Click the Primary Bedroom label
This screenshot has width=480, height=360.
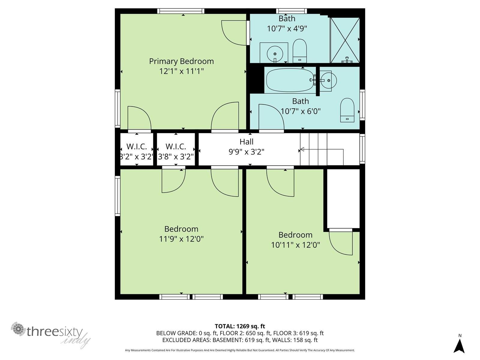point(181,61)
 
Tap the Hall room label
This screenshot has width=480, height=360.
point(247,142)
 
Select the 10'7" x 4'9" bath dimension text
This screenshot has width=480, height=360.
point(287,28)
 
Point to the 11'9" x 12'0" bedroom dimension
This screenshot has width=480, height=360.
point(181,239)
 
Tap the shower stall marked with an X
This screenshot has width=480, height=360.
point(345,40)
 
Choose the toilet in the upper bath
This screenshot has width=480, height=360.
point(299,51)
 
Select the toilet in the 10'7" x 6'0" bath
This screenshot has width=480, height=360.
point(347,110)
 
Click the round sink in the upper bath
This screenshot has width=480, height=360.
point(275,54)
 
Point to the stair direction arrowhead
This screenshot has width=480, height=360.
point(302,149)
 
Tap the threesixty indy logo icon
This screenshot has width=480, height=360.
point(18,329)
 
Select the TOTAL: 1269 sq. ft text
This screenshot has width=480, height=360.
point(240,326)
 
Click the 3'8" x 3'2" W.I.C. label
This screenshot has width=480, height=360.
point(176,151)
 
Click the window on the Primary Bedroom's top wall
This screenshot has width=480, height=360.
point(181,11)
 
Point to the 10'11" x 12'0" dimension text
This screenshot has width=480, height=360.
point(295,245)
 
